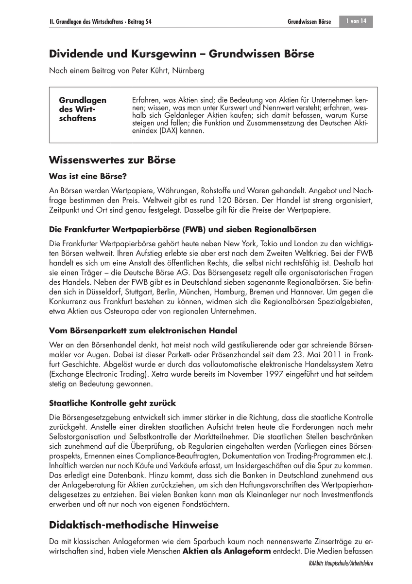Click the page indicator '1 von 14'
point(357,21)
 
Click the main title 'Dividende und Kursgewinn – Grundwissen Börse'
point(181,55)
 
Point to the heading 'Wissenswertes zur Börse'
point(112,160)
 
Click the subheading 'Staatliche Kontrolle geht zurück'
point(112,403)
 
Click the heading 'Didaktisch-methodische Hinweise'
point(134,525)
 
